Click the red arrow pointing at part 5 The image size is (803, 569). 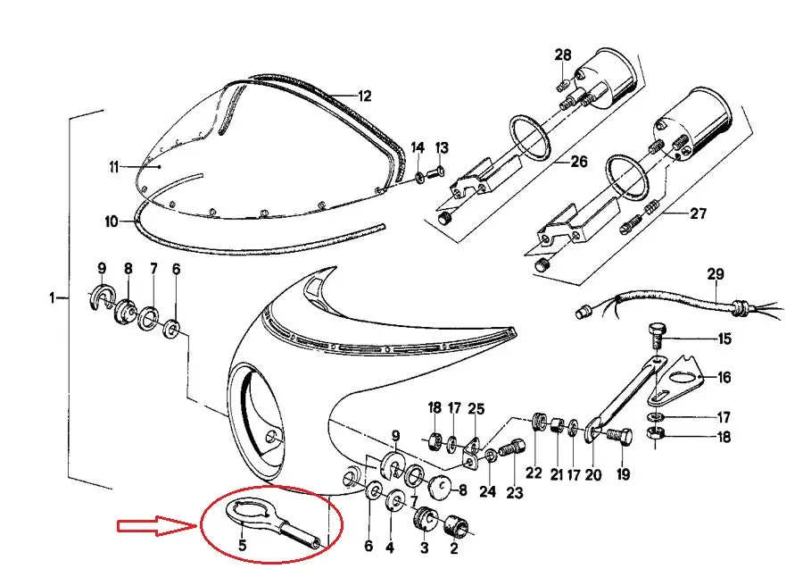pos(157,526)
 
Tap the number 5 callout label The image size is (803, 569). pos(242,545)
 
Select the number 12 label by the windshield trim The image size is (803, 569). pos(364,96)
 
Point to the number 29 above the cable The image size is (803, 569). pos(716,274)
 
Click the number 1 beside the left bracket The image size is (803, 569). pos(52,297)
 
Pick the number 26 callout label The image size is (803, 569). pos(578,162)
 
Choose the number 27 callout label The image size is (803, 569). pos(698,213)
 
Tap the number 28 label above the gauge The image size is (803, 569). pos(563,54)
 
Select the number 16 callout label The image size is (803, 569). pos(724,378)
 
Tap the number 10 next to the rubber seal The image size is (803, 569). pos(112,222)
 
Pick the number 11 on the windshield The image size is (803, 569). pos(113,167)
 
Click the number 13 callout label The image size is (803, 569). pos(442,147)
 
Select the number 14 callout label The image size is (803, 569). pos(418,147)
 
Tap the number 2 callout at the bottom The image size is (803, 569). pos(454,548)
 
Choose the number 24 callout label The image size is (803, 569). pos(487,491)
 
